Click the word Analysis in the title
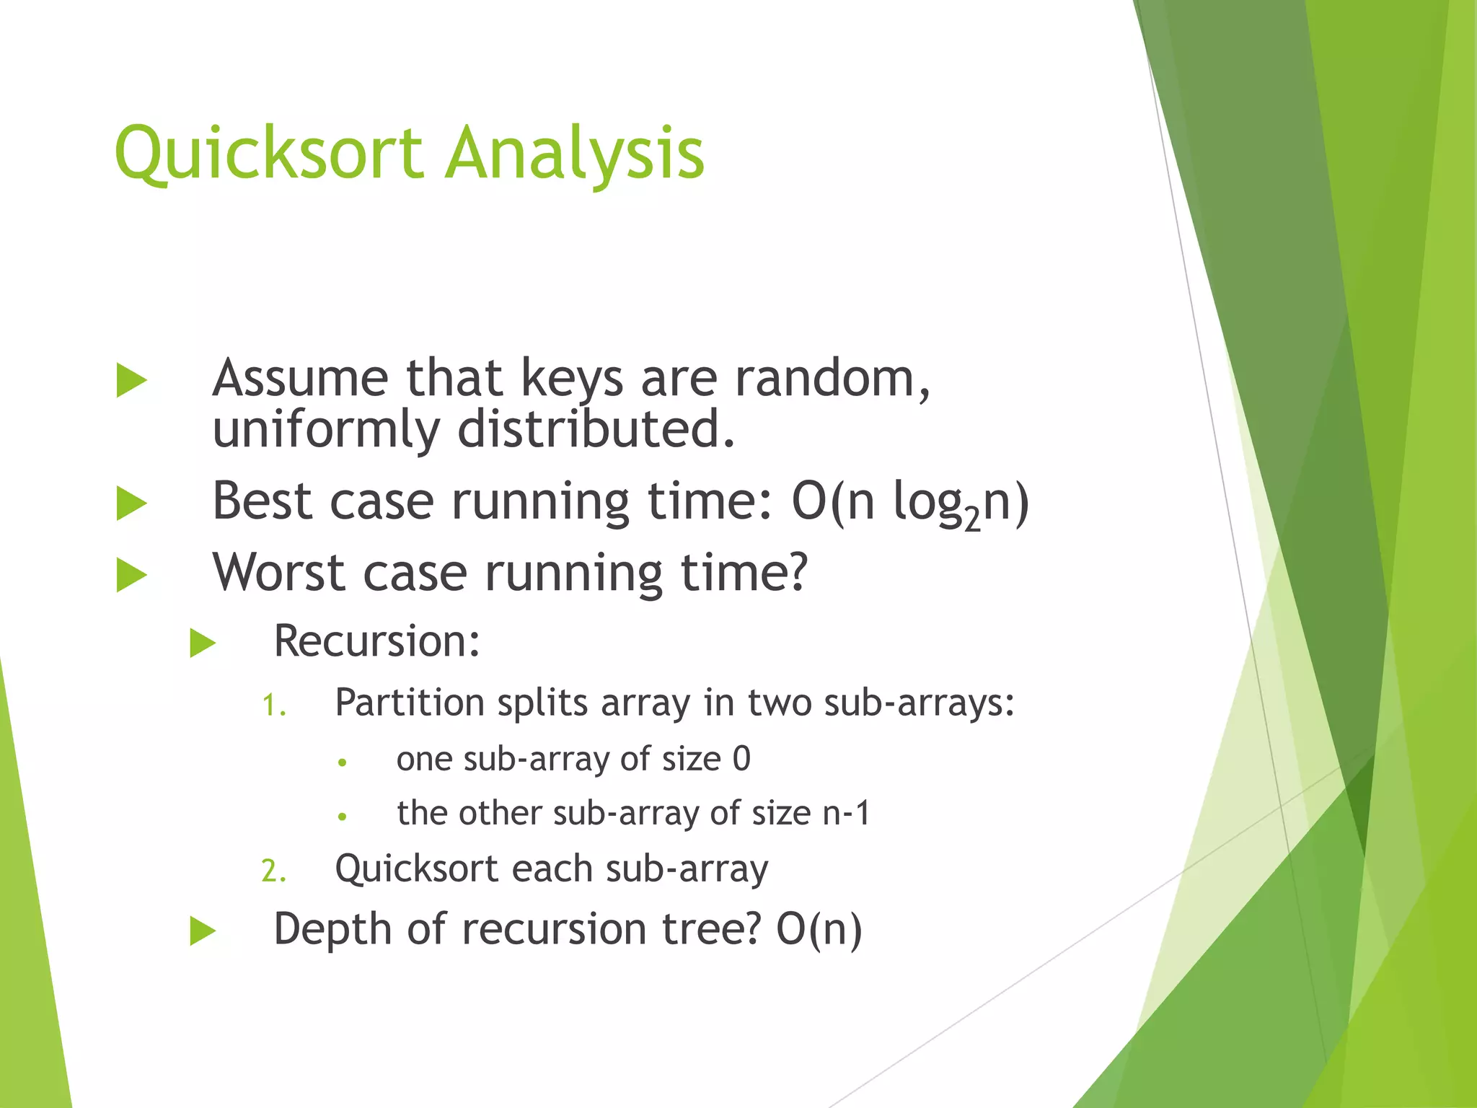point(574,154)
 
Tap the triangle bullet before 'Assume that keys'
point(131,381)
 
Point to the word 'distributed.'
point(596,428)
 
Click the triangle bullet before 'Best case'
point(131,504)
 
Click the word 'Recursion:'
point(376,641)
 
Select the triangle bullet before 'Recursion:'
point(203,643)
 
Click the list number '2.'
point(273,871)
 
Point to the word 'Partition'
point(410,703)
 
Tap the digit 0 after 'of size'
point(741,759)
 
